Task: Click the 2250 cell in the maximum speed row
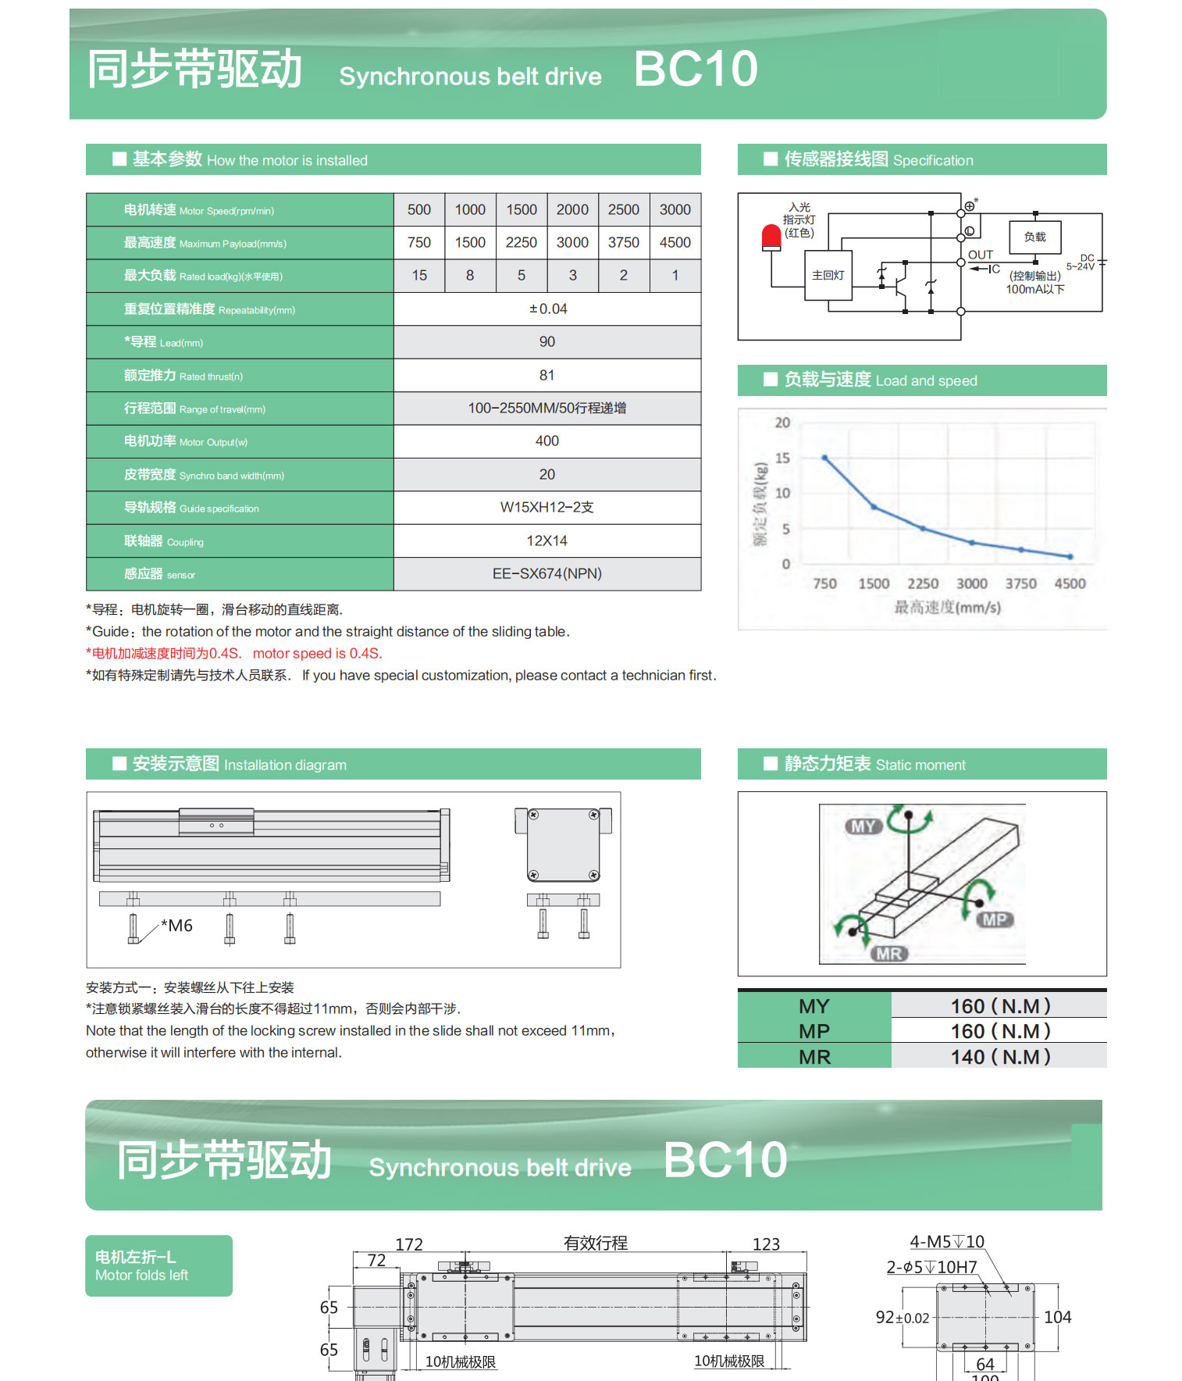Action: click(521, 243)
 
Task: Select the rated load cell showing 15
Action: click(419, 276)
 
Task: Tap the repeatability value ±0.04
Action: click(547, 309)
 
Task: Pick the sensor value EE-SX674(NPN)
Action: click(547, 574)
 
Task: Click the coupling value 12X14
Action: click(547, 541)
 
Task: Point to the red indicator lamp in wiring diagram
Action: click(771, 237)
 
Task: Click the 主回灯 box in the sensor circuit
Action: click(828, 276)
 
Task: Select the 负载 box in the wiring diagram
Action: click(1034, 237)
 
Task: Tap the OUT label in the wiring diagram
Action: click(981, 255)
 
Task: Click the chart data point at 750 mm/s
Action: click(824, 459)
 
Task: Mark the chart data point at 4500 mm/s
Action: click(1070, 557)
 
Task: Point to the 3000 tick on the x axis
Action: click(971, 584)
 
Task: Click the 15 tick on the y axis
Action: click(782, 459)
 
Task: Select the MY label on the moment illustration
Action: click(863, 826)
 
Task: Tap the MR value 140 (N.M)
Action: click(1000, 1057)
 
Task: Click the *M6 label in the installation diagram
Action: click(177, 926)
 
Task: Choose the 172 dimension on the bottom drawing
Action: click(409, 1244)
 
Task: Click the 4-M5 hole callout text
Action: click(947, 1242)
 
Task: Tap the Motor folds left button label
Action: click(142, 1276)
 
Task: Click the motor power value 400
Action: click(547, 441)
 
